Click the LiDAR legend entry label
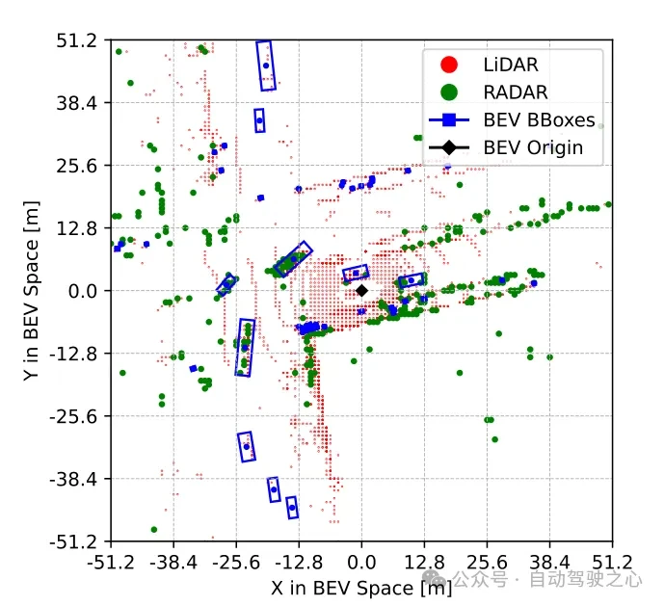[x=511, y=66]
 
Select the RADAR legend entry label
[x=516, y=92]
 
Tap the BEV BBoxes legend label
[x=539, y=120]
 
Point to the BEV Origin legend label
[x=533, y=148]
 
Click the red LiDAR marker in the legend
[x=448, y=66]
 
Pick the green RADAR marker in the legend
[x=448, y=92]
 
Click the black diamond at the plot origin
[x=361, y=290]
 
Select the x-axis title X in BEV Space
[x=360, y=587]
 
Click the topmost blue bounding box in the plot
[x=266, y=66]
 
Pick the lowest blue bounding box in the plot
[x=292, y=507]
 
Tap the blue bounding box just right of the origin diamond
[x=412, y=281]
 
